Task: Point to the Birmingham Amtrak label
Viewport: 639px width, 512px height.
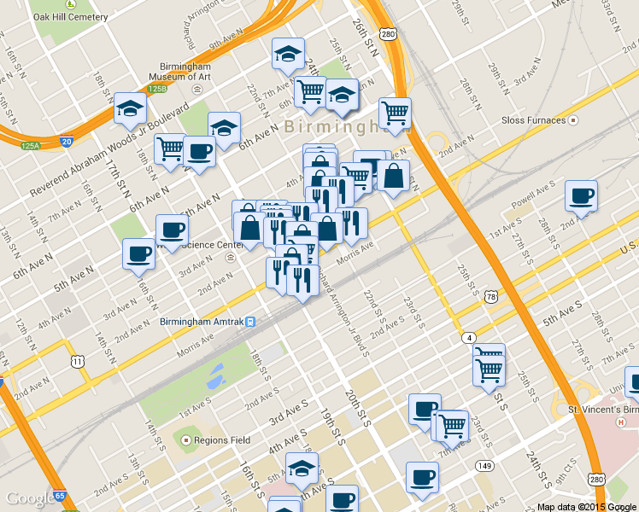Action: [x=202, y=322]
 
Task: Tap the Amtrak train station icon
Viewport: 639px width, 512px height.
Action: [x=251, y=323]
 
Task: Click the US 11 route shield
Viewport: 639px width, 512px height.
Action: [x=78, y=362]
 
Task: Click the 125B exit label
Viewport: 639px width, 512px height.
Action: [x=155, y=88]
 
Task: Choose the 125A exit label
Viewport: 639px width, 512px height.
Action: [x=31, y=146]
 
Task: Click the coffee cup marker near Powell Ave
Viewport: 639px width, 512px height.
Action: [x=581, y=196]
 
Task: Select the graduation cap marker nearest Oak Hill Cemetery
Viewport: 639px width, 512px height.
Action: [x=130, y=108]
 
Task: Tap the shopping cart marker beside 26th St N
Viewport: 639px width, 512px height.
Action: [x=395, y=113]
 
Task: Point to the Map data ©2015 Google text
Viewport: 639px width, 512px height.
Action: [x=586, y=506]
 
